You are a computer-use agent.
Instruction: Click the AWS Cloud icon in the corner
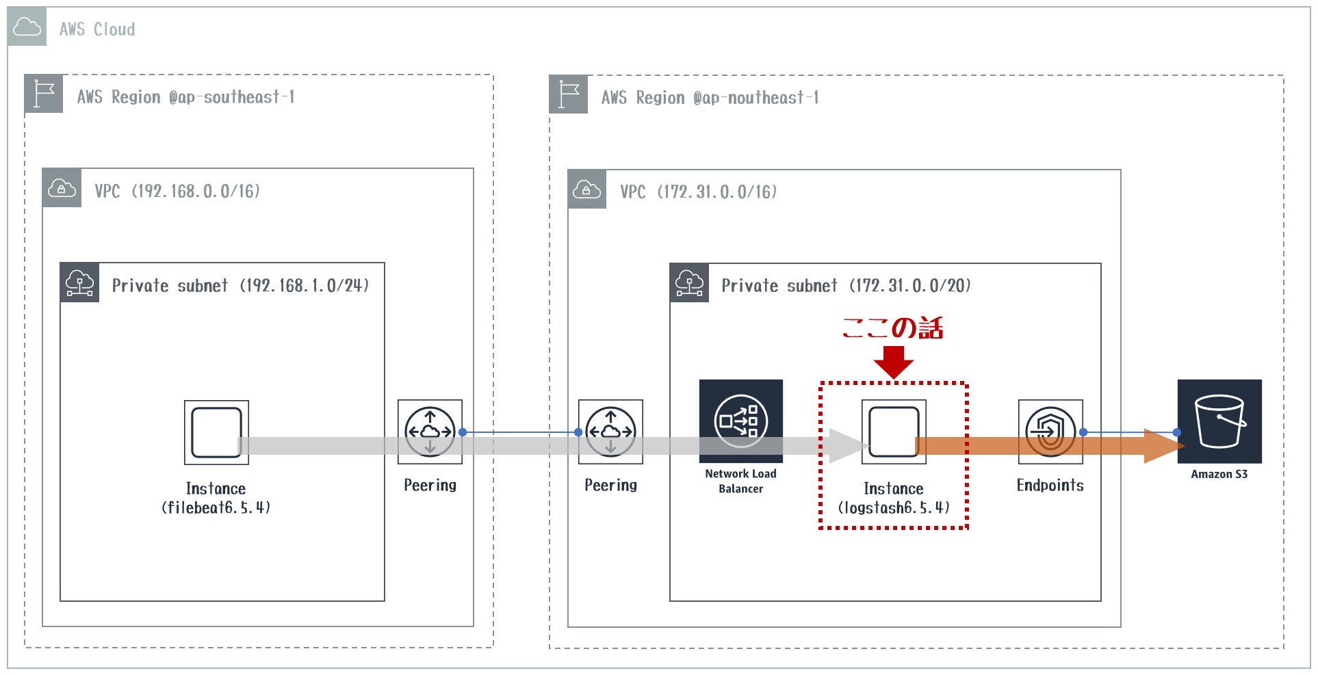point(27,27)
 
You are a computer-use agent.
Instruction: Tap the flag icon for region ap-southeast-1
point(44,94)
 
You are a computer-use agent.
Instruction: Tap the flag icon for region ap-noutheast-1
point(568,94)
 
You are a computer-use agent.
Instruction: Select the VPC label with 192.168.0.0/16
point(177,191)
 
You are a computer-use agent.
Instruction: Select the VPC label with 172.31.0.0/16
point(698,192)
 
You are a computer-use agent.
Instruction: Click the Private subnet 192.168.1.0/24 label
point(240,286)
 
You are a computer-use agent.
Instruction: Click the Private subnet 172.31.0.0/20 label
point(846,286)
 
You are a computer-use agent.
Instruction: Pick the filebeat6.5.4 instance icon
point(216,432)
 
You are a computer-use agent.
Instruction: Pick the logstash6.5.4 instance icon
point(893,432)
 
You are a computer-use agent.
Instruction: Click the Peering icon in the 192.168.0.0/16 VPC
point(430,432)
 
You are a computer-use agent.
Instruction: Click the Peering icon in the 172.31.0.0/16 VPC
point(610,432)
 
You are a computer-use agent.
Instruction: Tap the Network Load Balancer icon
point(740,421)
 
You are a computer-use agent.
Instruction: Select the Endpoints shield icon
point(1050,432)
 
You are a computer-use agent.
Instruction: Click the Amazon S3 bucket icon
point(1219,421)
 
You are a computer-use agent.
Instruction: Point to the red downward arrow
point(893,361)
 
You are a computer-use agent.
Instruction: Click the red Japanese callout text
point(892,328)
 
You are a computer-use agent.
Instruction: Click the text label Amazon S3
point(1219,474)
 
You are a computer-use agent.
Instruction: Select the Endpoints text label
point(1050,486)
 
